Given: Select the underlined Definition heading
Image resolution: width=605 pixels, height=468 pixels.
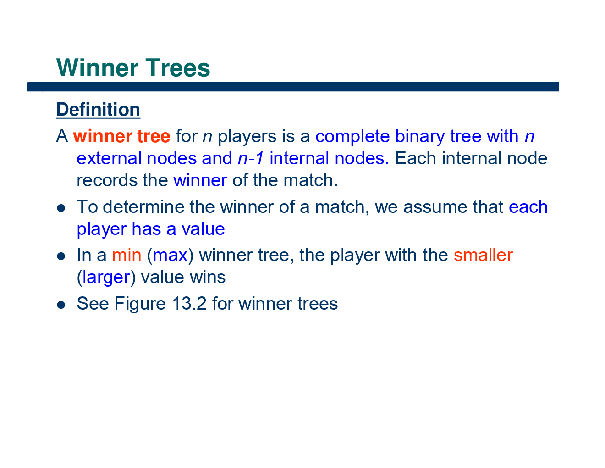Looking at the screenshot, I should [x=98, y=110].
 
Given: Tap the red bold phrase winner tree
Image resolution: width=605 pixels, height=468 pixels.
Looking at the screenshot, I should [x=121, y=136].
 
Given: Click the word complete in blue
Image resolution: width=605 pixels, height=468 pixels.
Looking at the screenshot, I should [x=352, y=136].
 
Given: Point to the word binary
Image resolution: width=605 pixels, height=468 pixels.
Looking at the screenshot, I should [x=419, y=136].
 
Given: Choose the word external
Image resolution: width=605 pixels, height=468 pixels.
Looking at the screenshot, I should [x=109, y=158].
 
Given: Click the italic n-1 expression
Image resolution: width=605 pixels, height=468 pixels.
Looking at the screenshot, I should [x=251, y=158].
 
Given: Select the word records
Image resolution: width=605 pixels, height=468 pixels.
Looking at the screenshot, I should [x=107, y=180].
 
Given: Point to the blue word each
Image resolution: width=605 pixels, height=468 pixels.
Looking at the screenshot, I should [x=528, y=207].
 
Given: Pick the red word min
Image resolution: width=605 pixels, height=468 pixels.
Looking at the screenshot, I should [x=126, y=255].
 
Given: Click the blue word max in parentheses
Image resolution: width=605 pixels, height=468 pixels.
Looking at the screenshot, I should [x=170, y=255].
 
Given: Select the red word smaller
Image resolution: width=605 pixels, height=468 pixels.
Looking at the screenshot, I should [x=483, y=255].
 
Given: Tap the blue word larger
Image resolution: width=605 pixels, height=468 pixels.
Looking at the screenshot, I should [x=106, y=277].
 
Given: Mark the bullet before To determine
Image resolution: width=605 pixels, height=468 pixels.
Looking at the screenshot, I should [x=61, y=208].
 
